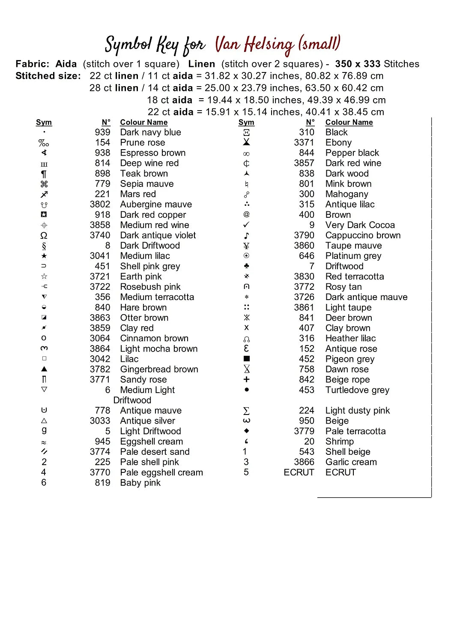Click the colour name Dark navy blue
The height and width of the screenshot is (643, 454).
click(150, 132)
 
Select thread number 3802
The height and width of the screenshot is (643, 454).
click(100, 204)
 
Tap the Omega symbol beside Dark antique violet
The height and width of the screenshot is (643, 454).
click(44, 235)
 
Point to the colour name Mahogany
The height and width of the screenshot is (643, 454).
click(346, 194)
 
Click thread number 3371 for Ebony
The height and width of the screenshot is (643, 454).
click(304, 143)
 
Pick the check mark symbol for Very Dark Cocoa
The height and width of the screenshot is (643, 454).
click(246, 225)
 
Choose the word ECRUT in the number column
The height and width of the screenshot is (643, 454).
click(299, 472)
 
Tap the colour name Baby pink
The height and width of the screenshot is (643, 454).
click(140, 483)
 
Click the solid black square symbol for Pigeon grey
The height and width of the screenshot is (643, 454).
click(246, 359)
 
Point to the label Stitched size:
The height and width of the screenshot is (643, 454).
click(48, 76)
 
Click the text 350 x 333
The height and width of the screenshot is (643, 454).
click(358, 64)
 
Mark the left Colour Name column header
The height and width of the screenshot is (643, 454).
click(143, 122)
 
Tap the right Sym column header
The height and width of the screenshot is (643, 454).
click(246, 122)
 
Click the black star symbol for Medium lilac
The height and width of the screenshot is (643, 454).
click(44, 256)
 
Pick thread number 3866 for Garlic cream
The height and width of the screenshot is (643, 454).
click(304, 462)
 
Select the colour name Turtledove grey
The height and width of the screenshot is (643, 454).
click(357, 390)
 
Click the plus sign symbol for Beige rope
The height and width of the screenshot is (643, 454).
click(246, 379)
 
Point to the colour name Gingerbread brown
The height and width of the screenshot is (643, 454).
click(159, 370)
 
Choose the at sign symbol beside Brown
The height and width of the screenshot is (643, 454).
click(246, 214)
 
